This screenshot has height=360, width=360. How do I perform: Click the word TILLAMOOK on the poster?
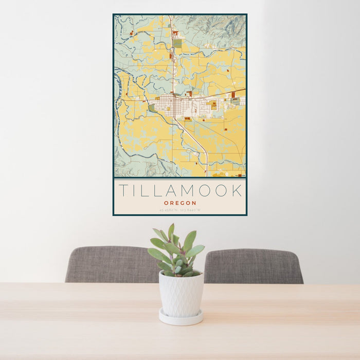(x=180, y=191)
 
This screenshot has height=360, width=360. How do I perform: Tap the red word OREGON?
(x=180, y=203)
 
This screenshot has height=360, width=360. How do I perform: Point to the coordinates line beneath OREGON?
(x=180, y=210)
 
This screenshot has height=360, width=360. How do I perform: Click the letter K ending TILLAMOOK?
(x=237, y=191)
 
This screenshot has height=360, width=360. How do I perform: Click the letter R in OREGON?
(x=172, y=203)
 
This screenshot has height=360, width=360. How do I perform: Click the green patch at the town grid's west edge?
(x=152, y=108)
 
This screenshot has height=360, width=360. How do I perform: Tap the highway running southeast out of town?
(x=198, y=141)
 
